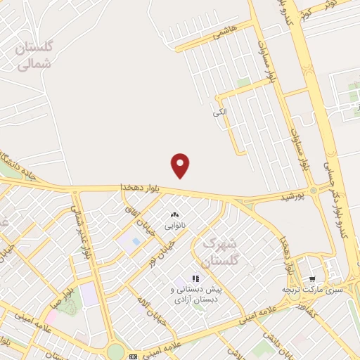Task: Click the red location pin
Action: (181, 165)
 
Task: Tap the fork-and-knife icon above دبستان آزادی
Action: (195, 279)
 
